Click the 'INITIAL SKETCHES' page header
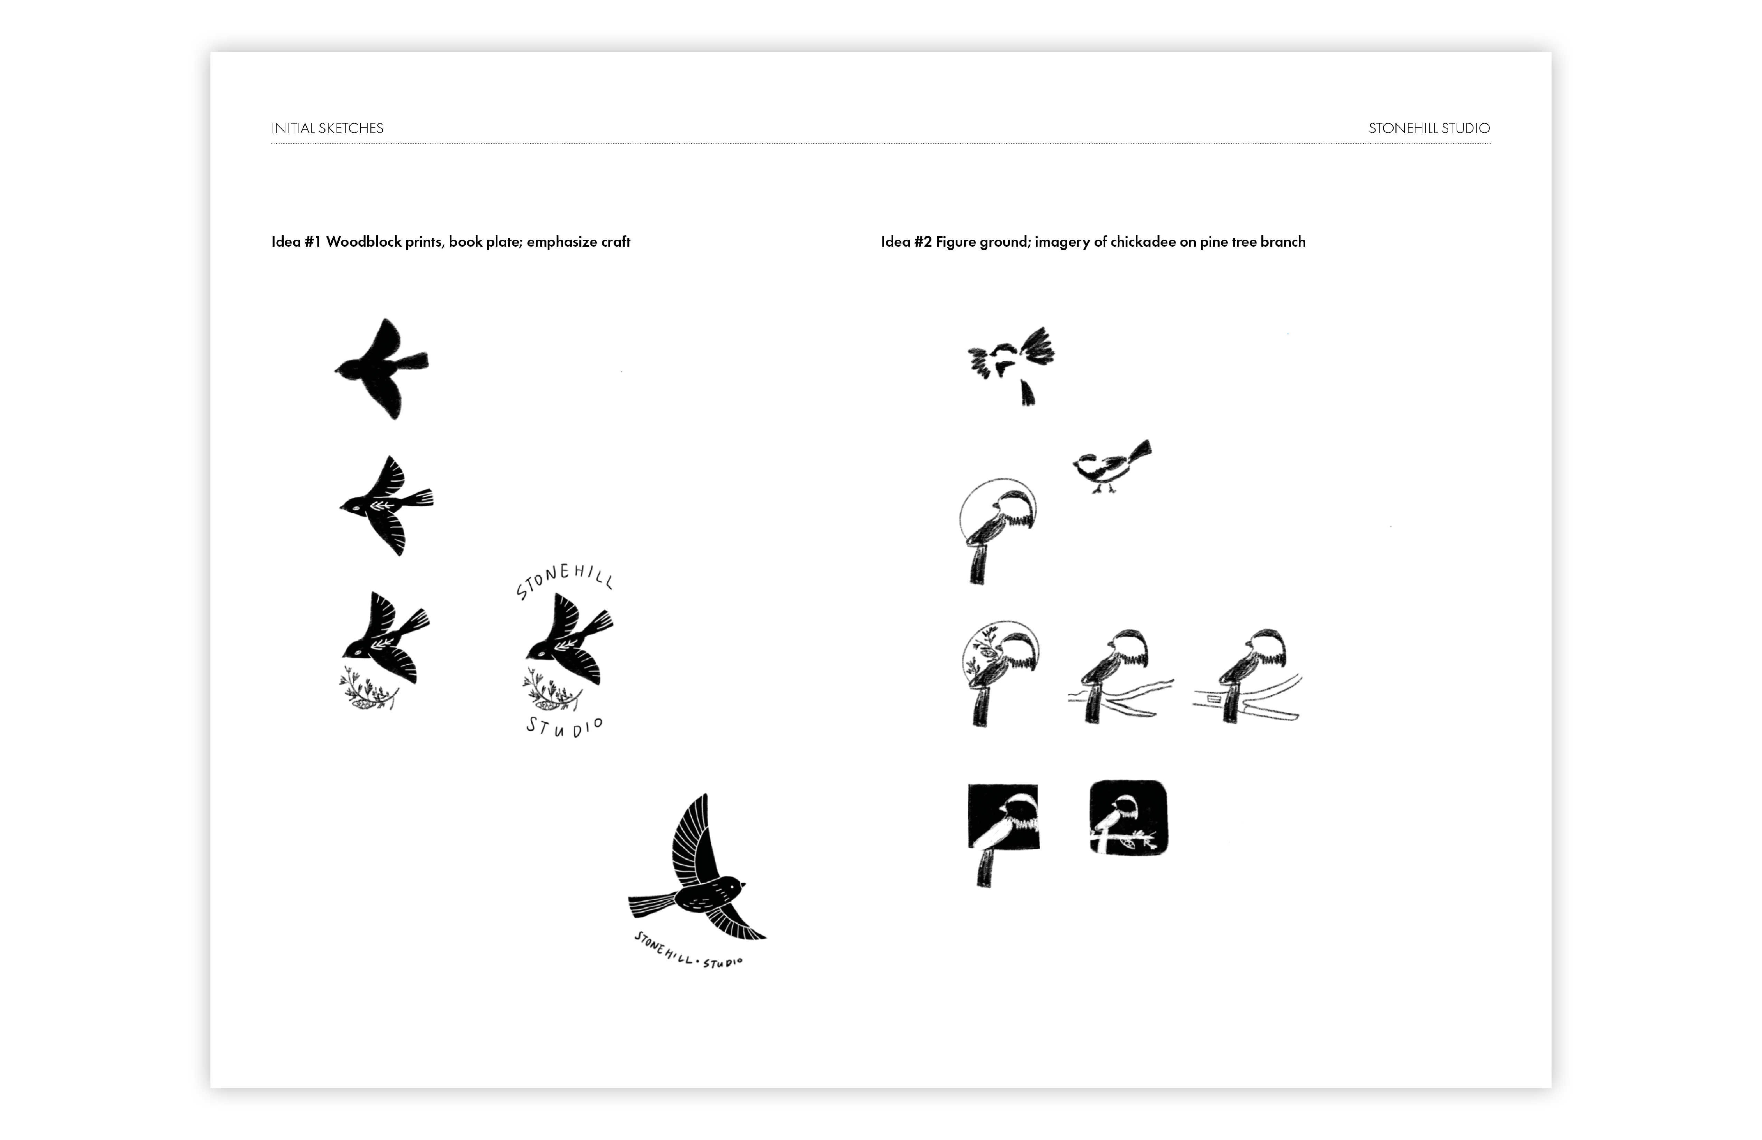pos(327,128)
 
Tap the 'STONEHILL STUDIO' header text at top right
pos(1429,128)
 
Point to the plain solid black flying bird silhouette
pos(381,369)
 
